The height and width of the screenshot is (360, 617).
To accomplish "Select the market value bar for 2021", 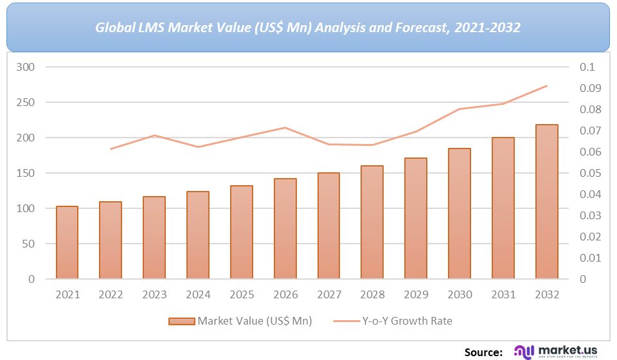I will click(67, 242).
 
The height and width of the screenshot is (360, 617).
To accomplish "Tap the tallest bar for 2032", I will click(547, 202).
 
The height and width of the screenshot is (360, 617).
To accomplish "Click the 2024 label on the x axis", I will click(198, 294).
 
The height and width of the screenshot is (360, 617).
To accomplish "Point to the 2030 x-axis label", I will click(460, 294).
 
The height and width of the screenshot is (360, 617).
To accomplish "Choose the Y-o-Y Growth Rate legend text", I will click(407, 321).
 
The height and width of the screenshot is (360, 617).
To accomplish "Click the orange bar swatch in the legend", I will click(181, 321).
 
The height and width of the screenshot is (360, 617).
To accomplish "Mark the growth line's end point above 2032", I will click(547, 85).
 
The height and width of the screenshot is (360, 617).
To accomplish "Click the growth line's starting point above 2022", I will click(111, 149).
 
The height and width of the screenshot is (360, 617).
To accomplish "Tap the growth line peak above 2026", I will click(285, 127).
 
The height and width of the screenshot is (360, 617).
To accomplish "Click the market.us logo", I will click(556, 351).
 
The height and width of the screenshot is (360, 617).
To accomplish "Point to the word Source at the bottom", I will click(483, 352).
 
